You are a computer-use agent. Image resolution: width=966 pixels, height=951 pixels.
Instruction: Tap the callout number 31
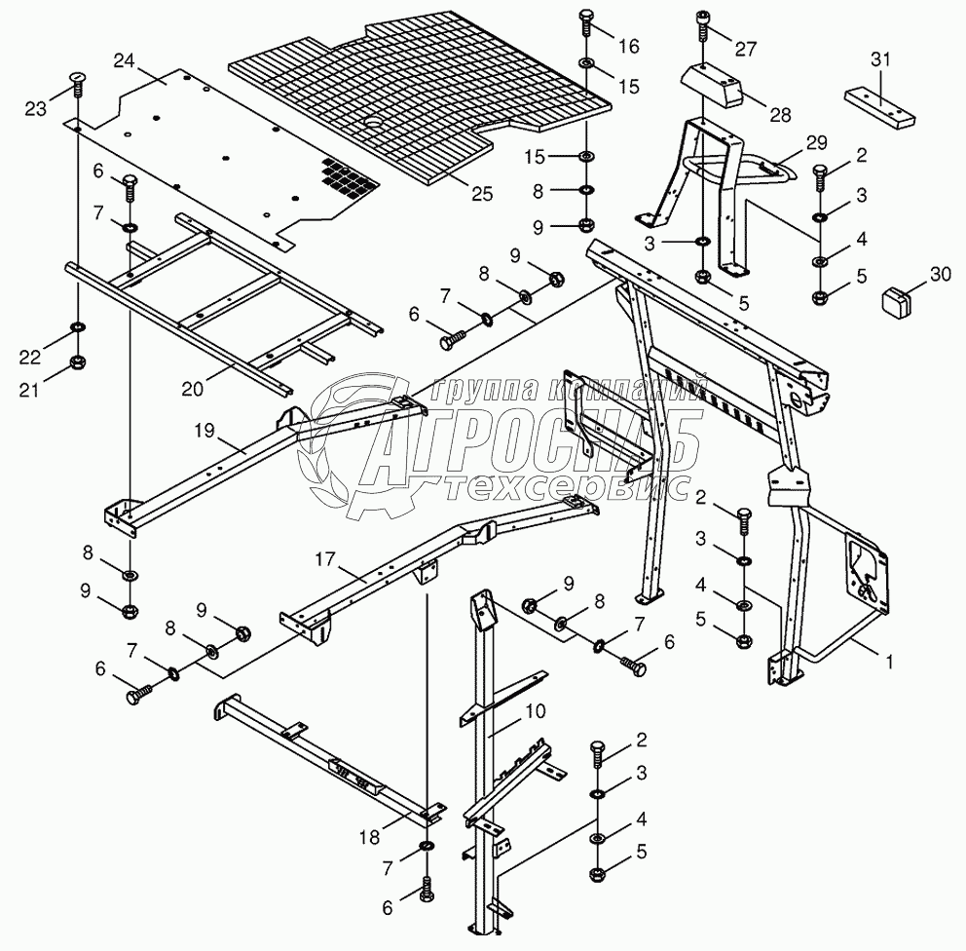tap(880, 60)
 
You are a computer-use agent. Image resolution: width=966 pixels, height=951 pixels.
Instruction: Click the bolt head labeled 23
tap(76, 79)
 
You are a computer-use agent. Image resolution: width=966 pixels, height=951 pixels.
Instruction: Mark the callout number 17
tap(324, 559)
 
